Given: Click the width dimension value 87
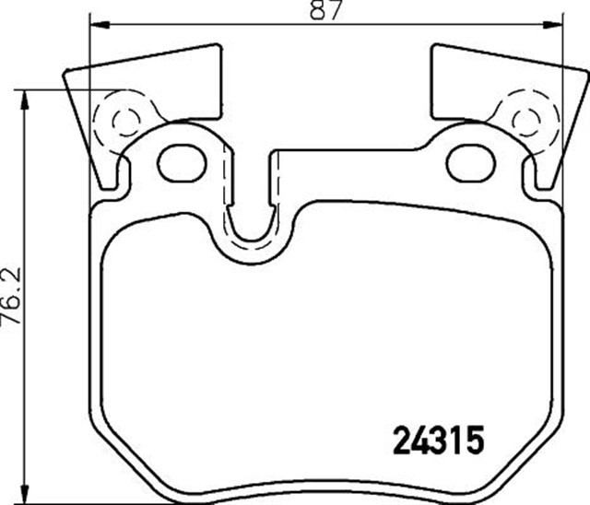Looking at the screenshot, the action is (325, 10).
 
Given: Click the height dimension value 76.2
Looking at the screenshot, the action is (11, 297).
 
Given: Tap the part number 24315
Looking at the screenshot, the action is (438, 440).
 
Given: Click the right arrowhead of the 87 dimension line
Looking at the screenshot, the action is (552, 25).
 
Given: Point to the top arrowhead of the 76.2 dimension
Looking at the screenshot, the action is (25, 100).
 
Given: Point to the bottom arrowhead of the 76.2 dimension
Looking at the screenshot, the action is (25, 493).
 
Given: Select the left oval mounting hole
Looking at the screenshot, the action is (183, 163).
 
